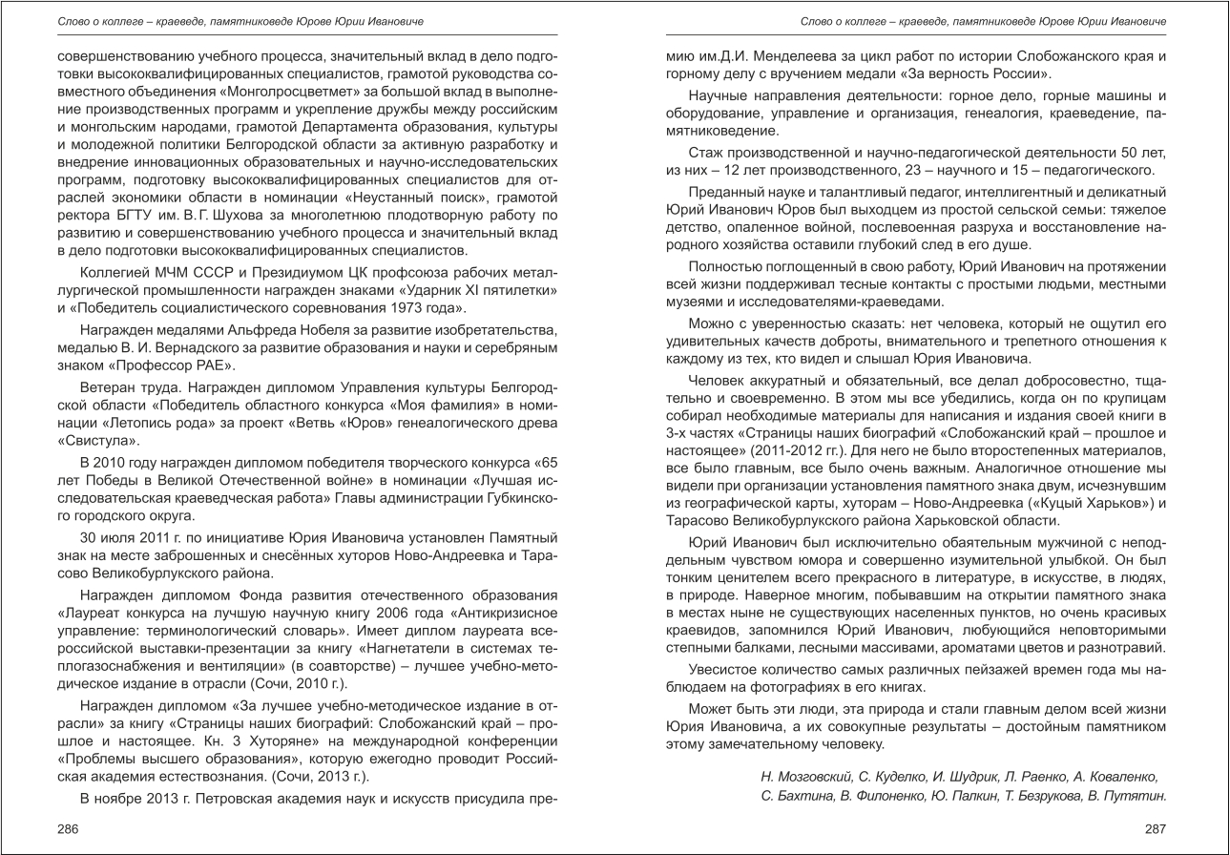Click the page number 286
[68, 829]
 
